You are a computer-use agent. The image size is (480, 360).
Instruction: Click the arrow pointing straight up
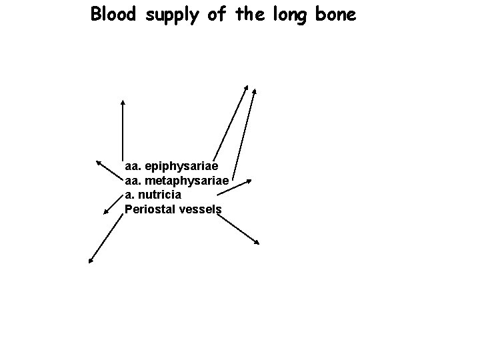[x=123, y=130]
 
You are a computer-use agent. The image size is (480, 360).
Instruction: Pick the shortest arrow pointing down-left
[x=113, y=205]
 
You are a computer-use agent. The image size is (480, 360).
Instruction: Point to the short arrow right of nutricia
[x=233, y=187]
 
